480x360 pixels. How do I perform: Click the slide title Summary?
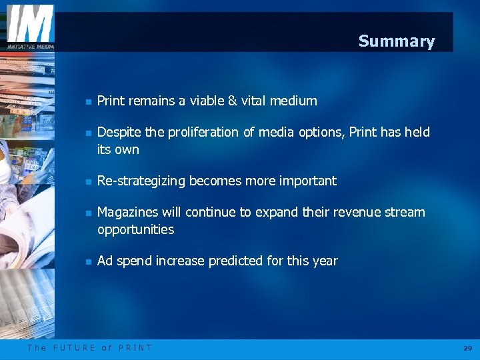[x=396, y=41]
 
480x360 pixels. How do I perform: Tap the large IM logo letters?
[x=30, y=24]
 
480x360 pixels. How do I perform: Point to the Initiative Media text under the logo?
[x=30, y=46]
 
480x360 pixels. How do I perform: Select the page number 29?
[x=467, y=348]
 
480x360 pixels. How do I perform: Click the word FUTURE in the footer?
[x=74, y=348]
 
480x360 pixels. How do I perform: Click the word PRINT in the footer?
[x=135, y=348]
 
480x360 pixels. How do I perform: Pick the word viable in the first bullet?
[x=197, y=101]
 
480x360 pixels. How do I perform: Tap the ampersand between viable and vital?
[x=232, y=101]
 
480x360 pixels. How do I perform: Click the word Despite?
[x=119, y=133]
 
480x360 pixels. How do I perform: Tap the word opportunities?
[x=135, y=230]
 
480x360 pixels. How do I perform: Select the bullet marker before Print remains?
[x=87, y=102]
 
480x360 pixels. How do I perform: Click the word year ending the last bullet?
[x=325, y=261]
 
